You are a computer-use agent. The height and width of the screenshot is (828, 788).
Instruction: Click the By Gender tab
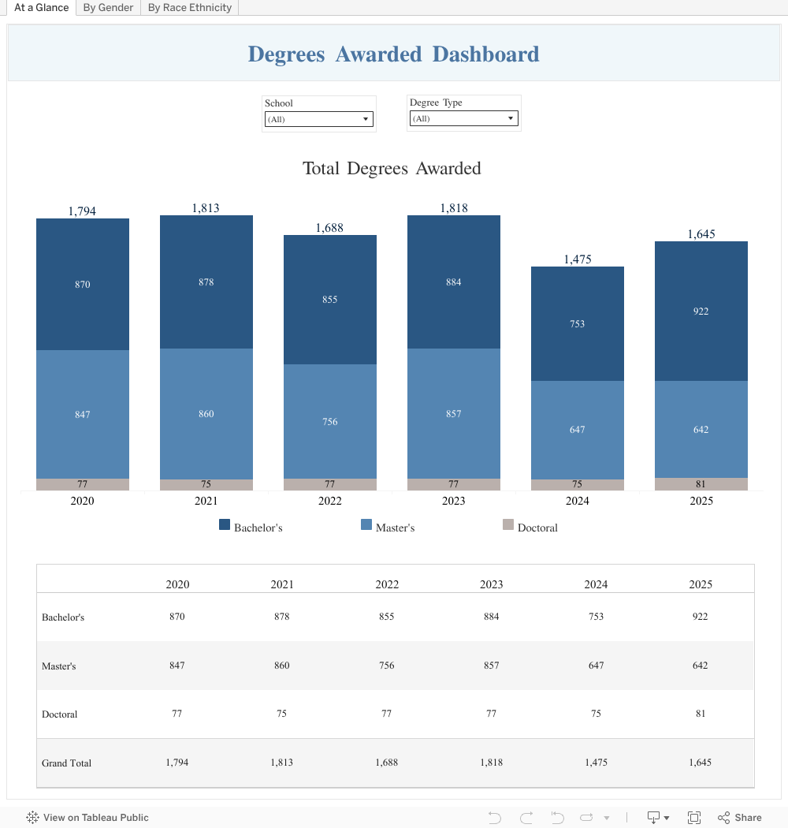point(108,8)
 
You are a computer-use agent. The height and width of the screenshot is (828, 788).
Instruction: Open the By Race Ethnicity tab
point(190,8)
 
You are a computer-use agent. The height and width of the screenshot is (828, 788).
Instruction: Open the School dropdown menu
point(318,119)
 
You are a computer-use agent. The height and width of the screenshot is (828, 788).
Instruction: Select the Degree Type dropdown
point(463,118)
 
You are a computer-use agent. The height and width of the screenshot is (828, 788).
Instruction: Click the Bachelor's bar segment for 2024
point(578,323)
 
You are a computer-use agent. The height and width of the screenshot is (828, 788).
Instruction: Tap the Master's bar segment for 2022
point(330,421)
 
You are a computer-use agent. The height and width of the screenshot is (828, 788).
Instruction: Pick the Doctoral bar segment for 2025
point(701,484)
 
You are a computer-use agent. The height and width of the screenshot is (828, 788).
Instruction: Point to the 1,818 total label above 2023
point(454,208)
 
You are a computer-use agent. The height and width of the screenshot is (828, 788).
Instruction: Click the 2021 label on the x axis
point(206,501)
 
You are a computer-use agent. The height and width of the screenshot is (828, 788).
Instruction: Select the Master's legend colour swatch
point(366,525)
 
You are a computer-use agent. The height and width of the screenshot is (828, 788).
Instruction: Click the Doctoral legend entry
point(537,528)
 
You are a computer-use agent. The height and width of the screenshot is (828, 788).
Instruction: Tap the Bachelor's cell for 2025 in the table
point(701,617)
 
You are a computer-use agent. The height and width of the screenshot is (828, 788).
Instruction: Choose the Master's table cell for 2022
point(387,666)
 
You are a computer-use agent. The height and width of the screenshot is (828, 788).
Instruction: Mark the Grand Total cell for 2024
point(596,763)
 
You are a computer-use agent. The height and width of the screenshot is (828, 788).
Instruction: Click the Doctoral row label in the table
point(60,714)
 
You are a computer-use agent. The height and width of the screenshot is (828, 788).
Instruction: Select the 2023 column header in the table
point(492,584)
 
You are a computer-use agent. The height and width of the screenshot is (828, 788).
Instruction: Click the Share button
point(740,818)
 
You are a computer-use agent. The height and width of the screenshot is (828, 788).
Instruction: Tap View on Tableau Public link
point(87,818)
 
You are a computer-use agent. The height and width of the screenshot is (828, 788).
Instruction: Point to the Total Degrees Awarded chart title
point(392,168)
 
